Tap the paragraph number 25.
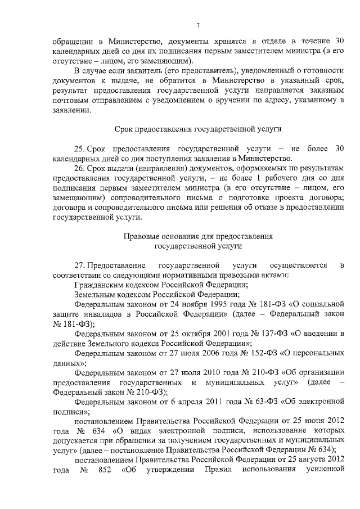80,148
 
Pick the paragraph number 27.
80,264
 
